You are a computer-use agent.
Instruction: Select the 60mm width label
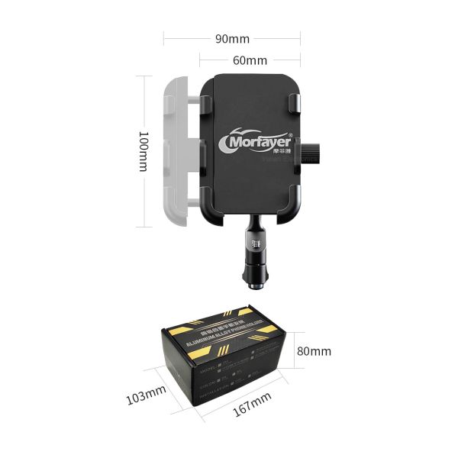(250, 60)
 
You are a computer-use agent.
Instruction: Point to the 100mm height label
(143, 151)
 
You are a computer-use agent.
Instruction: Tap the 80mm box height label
(314, 351)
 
